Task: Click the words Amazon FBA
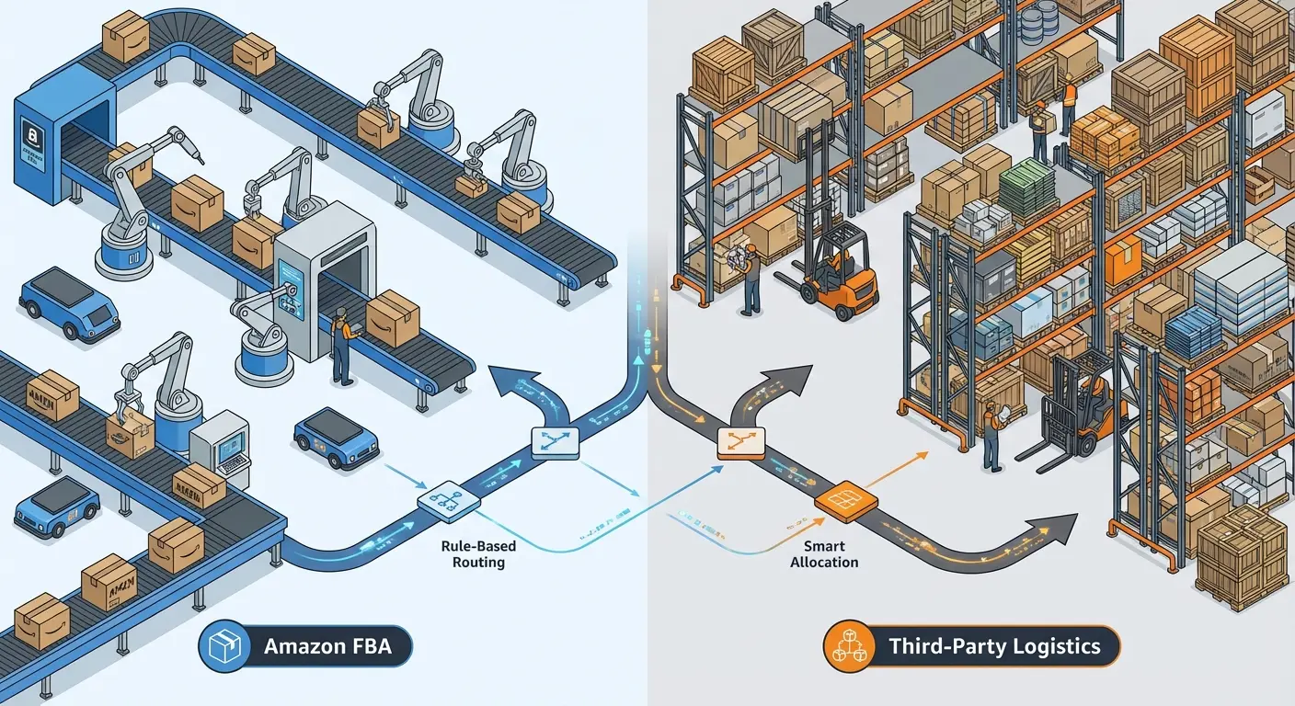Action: tap(327, 646)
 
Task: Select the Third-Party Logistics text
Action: tap(994, 646)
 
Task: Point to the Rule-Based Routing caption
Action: tap(478, 554)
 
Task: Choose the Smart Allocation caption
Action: tap(824, 554)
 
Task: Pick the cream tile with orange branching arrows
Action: tap(741, 443)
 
